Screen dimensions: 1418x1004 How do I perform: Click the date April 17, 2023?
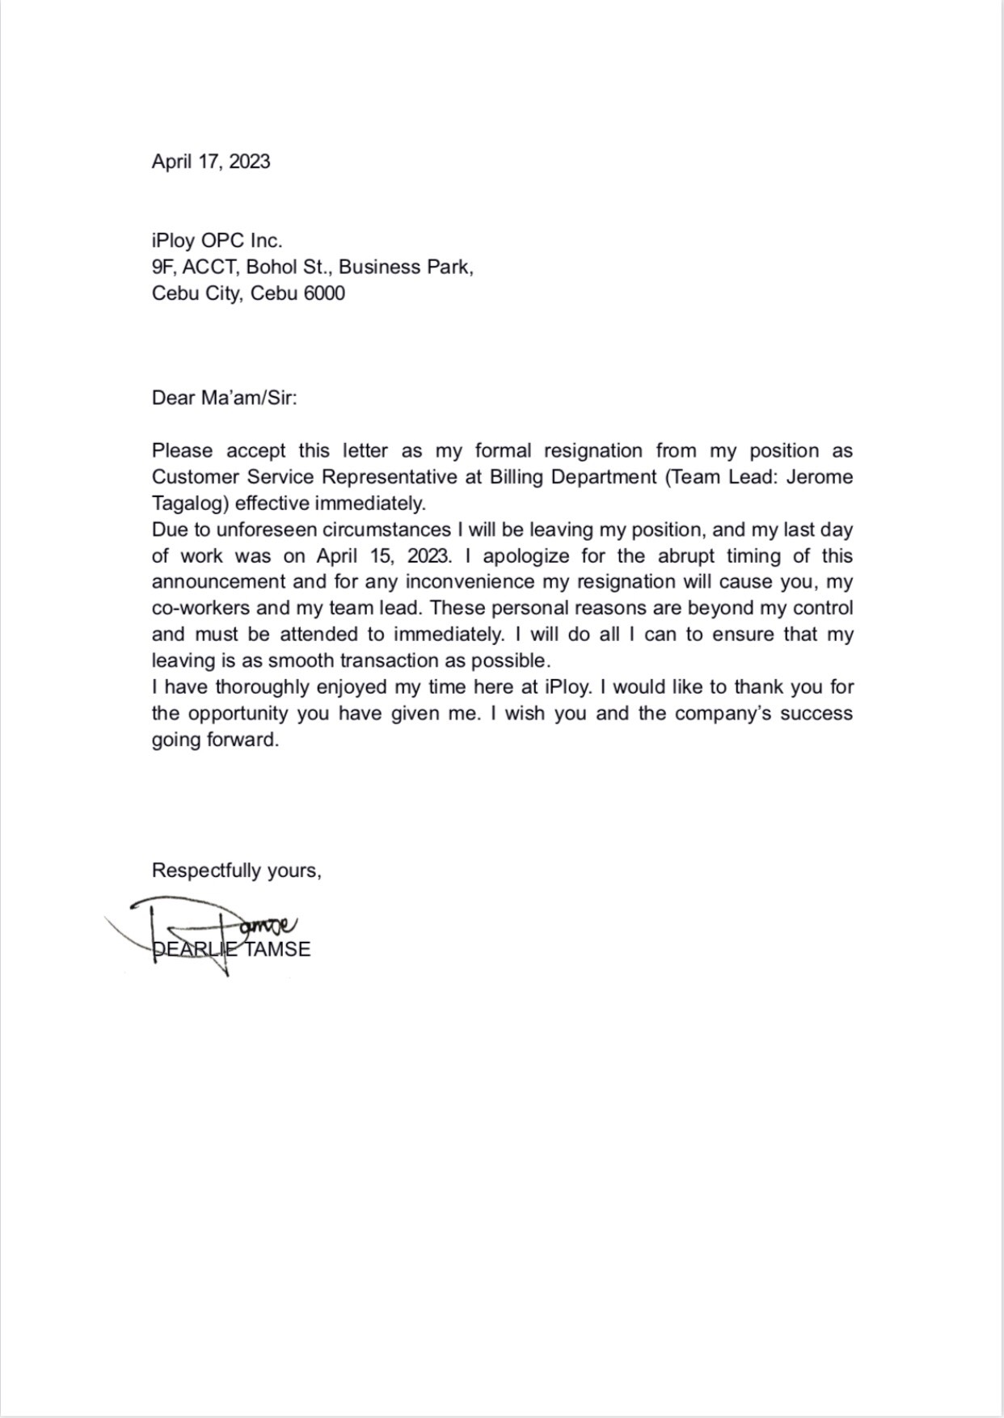211,162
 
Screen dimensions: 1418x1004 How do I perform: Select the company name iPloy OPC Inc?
217,241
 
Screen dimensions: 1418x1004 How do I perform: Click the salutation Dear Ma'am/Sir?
225,399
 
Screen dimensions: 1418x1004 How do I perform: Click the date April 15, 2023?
383,556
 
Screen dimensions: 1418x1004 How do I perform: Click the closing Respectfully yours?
236,871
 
